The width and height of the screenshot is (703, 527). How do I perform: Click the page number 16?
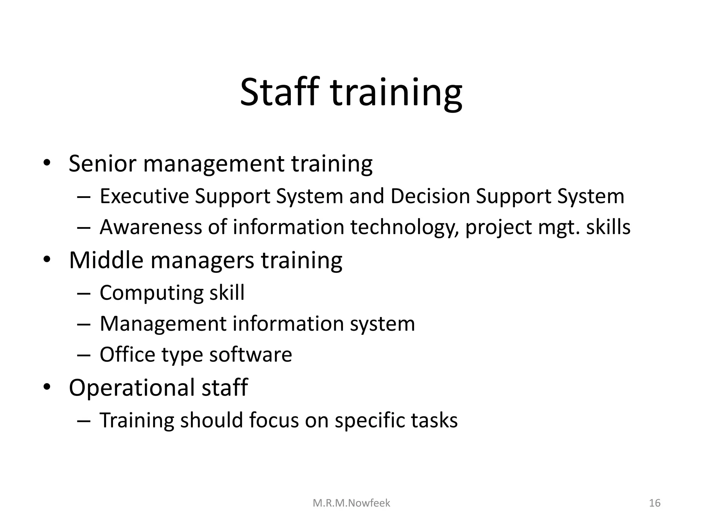pos(655,503)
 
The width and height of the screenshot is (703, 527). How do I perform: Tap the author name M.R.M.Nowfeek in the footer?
pos(351,503)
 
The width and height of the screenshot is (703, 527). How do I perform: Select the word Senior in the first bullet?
pos(102,164)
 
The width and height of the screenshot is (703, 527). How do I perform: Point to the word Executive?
pos(144,197)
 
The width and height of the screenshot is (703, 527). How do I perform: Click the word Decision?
pos(430,197)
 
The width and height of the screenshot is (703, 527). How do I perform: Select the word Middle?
pos(106,260)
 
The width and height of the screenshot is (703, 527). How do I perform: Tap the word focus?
pos(274,420)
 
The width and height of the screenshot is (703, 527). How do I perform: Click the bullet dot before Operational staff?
pos(47,387)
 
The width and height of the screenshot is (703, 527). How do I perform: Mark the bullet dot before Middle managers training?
pos(47,259)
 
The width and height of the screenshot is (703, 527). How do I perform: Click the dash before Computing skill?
pos(83,294)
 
